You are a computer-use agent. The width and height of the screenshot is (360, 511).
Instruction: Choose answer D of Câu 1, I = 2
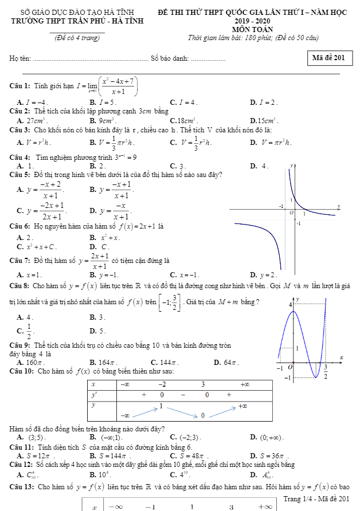[x=265, y=102]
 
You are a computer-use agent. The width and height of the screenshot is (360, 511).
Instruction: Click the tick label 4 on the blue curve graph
[x=290, y=305]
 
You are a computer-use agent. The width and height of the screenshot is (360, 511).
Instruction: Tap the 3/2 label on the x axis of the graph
[x=326, y=371]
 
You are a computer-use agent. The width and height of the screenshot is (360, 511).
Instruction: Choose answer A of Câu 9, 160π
[x=30, y=362]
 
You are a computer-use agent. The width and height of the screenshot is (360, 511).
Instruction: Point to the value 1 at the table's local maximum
[x=162, y=406]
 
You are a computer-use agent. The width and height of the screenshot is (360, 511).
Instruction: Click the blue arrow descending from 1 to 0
[x=185, y=410]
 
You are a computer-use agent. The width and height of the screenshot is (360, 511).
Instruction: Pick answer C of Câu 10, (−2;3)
[x=190, y=438]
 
